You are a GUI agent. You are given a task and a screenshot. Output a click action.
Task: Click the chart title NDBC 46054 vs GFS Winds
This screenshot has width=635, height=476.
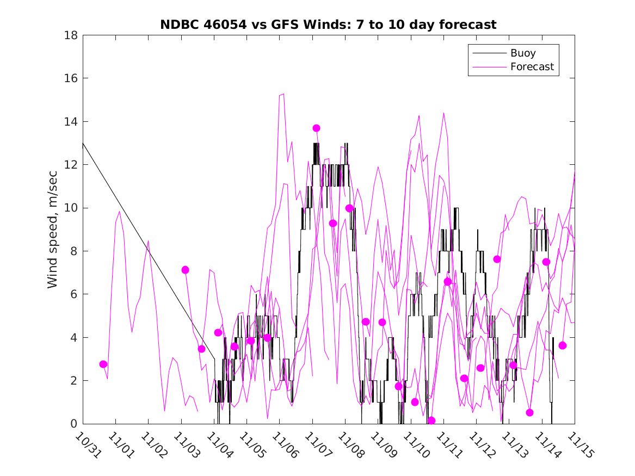pos(328,25)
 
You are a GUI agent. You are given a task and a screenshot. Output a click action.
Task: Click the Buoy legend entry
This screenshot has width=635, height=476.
pos(523,53)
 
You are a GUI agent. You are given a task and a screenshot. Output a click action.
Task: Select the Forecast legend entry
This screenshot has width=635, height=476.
pos(532,67)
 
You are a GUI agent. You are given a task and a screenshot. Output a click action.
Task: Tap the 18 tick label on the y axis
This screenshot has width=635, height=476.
pos(71,35)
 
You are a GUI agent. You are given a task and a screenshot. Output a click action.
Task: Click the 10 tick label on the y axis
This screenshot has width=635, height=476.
pos(71,208)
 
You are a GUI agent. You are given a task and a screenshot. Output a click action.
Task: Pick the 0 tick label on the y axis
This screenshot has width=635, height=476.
pos(74,424)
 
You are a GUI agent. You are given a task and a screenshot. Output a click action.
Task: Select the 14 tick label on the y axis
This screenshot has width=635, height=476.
pos(71,121)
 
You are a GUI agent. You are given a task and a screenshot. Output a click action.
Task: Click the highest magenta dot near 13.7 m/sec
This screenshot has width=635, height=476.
pos(316,128)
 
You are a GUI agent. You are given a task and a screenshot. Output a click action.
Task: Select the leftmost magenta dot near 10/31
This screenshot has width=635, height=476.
pos(103,364)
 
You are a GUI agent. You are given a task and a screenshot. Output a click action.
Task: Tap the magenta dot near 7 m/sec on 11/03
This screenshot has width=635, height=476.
pos(185,270)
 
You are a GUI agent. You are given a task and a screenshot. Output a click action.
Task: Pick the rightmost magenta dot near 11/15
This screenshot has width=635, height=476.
pos(563,345)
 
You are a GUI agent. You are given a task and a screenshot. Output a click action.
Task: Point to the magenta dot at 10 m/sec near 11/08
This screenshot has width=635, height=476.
pos(349,208)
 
